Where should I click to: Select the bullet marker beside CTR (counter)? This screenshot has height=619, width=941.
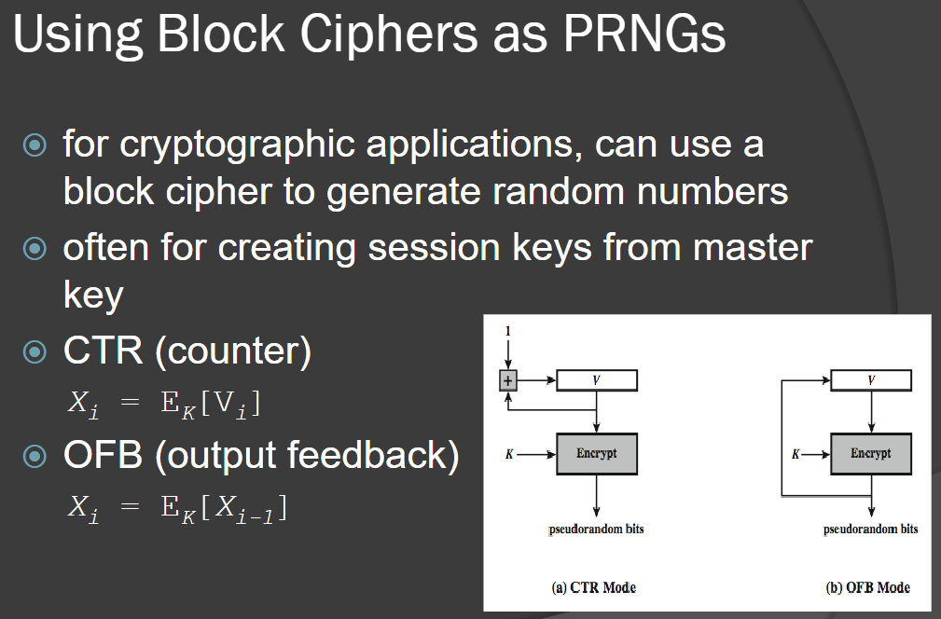click(35, 351)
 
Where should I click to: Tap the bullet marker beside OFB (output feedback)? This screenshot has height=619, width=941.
click(35, 456)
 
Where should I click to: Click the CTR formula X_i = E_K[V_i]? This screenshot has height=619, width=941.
click(164, 403)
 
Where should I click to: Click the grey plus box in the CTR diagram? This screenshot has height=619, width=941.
click(508, 380)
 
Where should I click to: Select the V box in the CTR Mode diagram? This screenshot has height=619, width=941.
click(597, 380)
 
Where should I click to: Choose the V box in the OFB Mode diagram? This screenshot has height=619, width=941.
click(871, 380)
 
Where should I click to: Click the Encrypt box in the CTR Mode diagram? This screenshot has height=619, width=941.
click(597, 453)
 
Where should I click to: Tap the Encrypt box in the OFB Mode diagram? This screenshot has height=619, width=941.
click(871, 453)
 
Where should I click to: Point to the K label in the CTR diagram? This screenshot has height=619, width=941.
click(509, 454)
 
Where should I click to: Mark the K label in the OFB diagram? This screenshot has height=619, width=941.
click(796, 454)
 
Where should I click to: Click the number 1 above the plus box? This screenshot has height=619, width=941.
click(507, 331)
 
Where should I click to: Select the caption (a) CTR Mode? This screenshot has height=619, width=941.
click(593, 587)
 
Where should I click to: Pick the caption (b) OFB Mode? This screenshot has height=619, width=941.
click(867, 587)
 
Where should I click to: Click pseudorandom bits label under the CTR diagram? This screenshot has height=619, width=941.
click(596, 529)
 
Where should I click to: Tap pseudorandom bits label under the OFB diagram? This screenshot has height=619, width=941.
click(870, 529)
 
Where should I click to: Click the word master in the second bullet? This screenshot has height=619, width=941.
click(753, 247)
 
